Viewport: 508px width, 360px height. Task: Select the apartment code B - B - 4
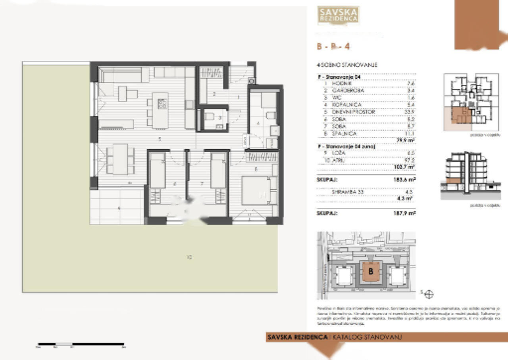333,46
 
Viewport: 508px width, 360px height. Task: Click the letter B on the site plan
371,272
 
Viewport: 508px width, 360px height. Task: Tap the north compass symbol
429,295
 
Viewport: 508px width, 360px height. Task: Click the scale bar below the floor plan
81,344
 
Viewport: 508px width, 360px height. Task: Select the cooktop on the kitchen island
162,104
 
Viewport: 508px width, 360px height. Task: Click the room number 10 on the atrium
189,257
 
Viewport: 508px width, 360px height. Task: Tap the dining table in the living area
120,159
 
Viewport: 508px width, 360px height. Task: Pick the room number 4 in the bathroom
258,123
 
